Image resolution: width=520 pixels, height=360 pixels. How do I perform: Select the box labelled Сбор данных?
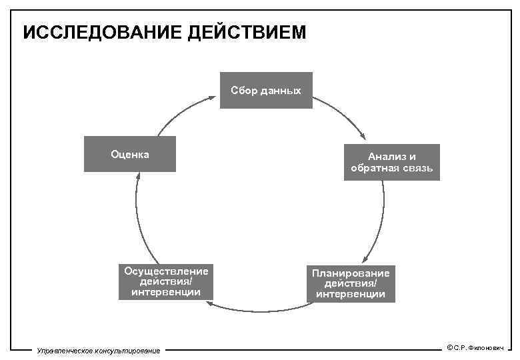tap(266, 90)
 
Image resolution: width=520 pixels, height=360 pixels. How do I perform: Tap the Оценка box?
tap(129, 154)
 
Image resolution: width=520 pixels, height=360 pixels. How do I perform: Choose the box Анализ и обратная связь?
tap(391, 162)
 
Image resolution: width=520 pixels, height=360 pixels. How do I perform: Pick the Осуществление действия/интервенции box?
tap(166, 281)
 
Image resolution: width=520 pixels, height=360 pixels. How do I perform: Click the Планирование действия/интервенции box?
tap(351, 283)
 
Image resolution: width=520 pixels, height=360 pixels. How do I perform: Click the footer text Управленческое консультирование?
tap(99, 351)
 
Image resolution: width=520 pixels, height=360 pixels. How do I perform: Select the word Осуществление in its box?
tap(166, 271)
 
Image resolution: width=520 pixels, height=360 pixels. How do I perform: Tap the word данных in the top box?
tap(284, 90)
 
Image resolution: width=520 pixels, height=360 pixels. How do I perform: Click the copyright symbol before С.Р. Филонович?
tap(450, 347)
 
